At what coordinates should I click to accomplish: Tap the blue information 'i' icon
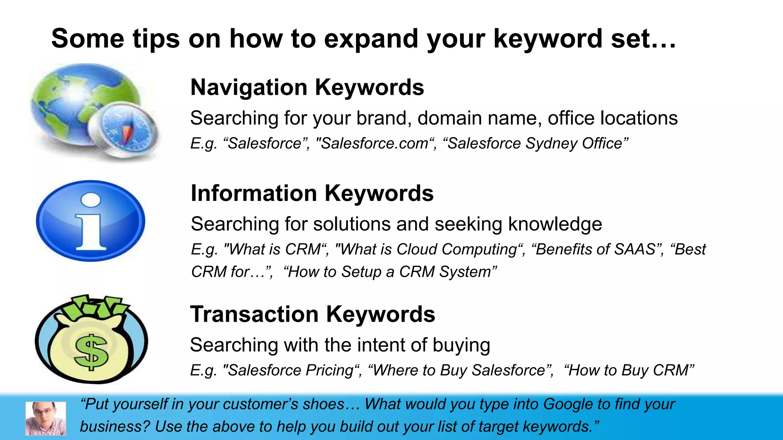pyautogui.click(x=91, y=221)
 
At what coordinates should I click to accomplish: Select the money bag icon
pyautogui.click(x=91, y=340)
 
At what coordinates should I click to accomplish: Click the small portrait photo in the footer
pyautogui.click(x=45, y=418)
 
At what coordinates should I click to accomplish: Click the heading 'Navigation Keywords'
pyautogui.click(x=307, y=87)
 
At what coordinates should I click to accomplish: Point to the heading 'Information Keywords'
pyautogui.click(x=312, y=193)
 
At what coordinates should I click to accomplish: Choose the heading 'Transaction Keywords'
pyautogui.click(x=312, y=314)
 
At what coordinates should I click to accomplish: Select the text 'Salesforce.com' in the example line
pyautogui.click(x=374, y=144)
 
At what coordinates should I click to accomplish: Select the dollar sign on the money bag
pyautogui.click(x=91, y=352)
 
